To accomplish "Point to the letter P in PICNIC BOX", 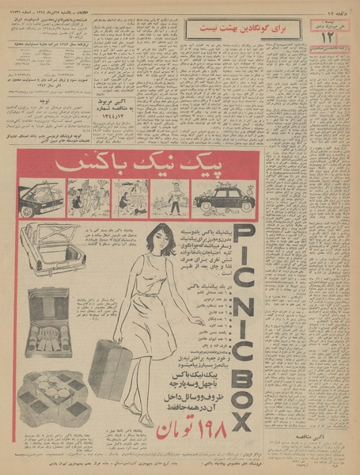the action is click(x=244, y=240).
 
